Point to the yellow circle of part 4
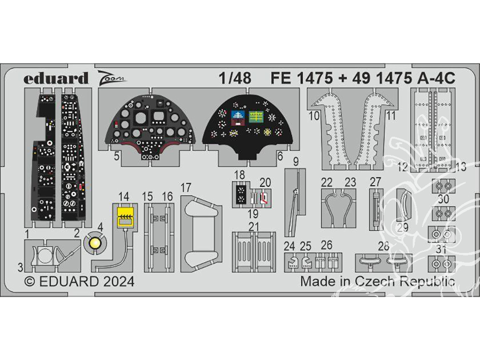tap(95, 243)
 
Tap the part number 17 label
tap(187, 187)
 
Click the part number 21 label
tap(254, 226)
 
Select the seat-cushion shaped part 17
tap(200, 236)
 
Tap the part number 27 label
tap(375, 182)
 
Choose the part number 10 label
tap(314, 116)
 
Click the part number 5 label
tap(117, 156)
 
